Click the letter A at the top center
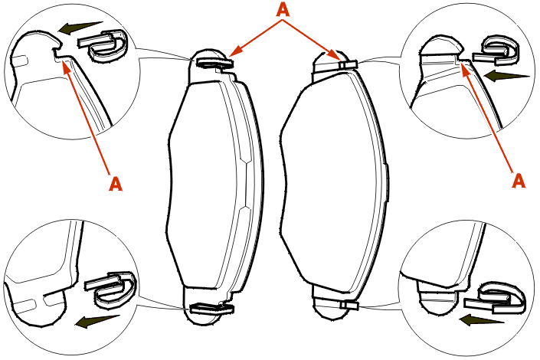click(x=283, y=9)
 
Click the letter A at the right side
click(x=519, y=181)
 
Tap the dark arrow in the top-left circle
click(x=80, y=28)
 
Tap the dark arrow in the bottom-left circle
click(x=97, y=321)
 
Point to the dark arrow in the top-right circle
click(x=506, y=75)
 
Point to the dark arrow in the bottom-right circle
click(x=482, y=320)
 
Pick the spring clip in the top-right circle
click(x=496, y=51)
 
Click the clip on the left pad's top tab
click(x=214, y=63)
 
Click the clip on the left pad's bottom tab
click(x=212, y=307)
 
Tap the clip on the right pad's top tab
click(x=348, y=64)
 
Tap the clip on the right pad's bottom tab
click(x=349, y=305)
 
